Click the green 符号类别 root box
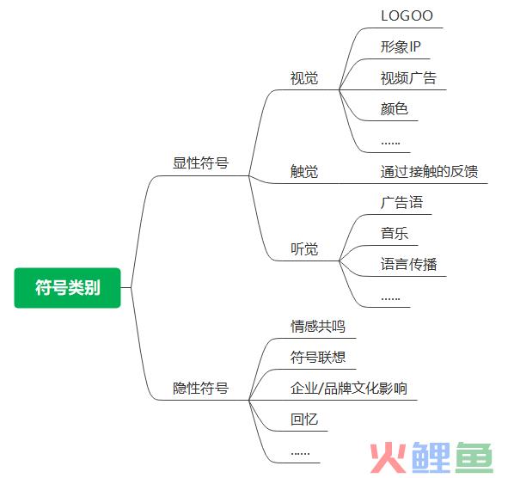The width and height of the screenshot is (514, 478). [68, 288]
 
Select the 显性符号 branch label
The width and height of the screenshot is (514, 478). [200, 163]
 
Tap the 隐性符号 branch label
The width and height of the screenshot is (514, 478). [200, 389]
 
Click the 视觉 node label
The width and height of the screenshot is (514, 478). [304, 78]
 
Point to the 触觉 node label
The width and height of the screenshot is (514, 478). [304, 171]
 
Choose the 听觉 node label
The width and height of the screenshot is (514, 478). [304, 248]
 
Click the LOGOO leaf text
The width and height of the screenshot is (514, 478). [407, 15]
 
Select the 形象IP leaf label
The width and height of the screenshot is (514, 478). [401, 47]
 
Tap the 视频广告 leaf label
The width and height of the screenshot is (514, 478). [408, 78]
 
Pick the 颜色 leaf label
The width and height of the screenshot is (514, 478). [395, 108]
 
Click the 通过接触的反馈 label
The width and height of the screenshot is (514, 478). [429, 171]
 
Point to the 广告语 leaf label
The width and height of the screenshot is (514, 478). [401, 202]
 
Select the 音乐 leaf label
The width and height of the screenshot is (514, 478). [395, 234]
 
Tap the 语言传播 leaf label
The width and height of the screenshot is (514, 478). [408, 264]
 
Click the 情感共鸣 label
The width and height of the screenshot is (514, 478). [318, 326]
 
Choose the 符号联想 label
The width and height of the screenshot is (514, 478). [318, 357]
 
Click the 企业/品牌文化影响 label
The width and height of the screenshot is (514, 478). [349, 389]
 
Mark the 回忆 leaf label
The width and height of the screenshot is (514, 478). [304, 419]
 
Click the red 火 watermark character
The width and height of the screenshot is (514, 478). [389, 457]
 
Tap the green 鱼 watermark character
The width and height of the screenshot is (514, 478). [474, 457]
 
